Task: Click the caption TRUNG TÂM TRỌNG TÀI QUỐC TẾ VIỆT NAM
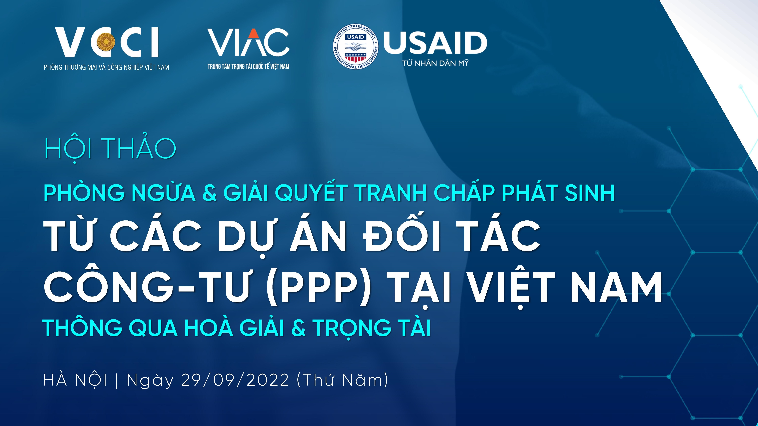click(x=248, y=67)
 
